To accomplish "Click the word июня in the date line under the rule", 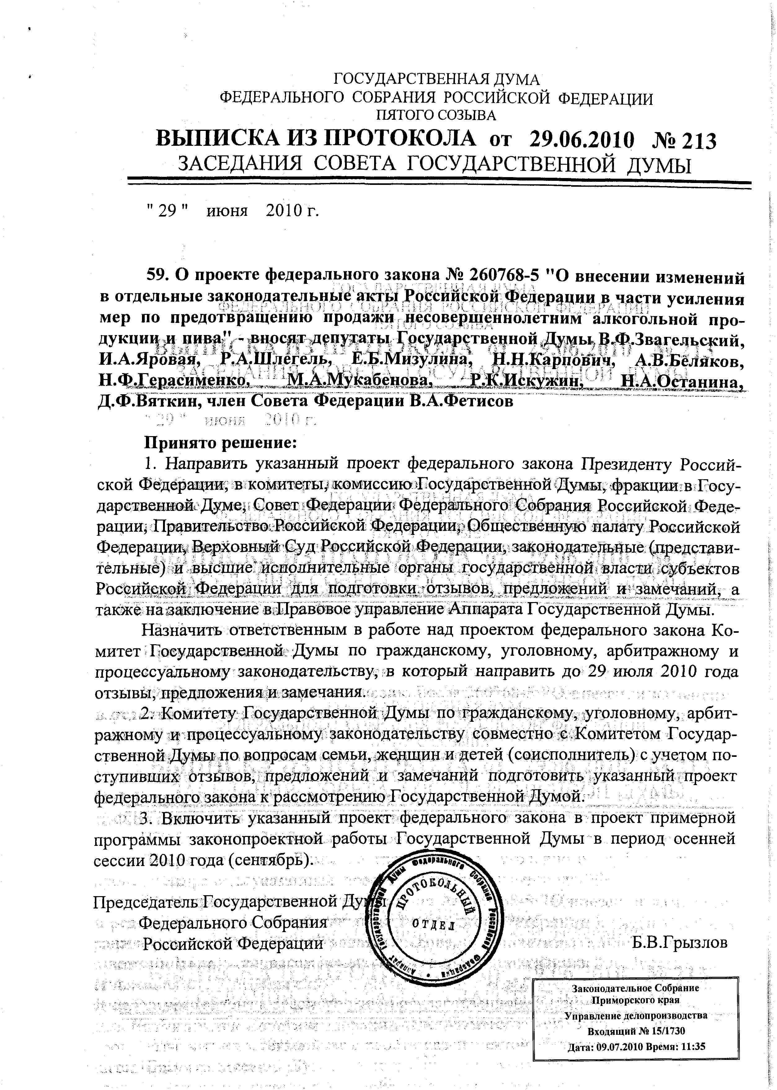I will (x=227, y=211).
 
